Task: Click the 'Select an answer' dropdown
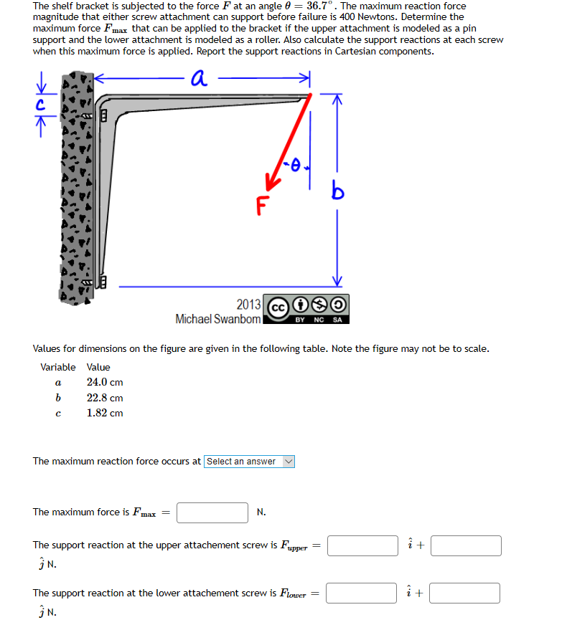[249, 462]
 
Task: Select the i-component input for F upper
[362, 545]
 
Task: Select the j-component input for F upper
[466, 545]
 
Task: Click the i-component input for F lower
[362, 593]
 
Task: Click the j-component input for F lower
[466, 593]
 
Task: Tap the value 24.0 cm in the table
[105, 382]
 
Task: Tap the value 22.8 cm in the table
[105, 398]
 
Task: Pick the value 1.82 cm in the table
[105, 413]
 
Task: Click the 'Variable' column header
[57, 367]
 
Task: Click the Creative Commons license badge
[306, 308]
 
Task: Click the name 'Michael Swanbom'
[217, 319]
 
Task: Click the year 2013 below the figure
[248, 304]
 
